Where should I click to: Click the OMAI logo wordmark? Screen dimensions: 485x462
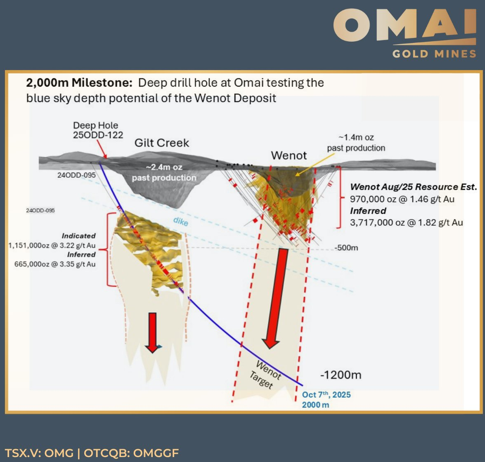click(405, 25)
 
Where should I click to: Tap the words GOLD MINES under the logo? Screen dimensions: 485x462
click(434, 54)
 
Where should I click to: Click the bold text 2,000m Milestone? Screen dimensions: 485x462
click(79, 83)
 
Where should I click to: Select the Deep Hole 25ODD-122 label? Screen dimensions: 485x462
click(98, 130)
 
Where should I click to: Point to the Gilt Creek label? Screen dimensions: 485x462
click(161, 143)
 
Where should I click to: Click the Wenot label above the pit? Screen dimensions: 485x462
click(289, 156)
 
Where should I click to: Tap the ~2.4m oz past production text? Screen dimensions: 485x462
click(164, 172)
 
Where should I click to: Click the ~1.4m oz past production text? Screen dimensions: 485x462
click(356, 142)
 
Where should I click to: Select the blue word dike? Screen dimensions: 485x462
click(181, 221)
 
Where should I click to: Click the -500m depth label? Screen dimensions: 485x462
click(346, 248)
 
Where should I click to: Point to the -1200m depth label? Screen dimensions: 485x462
click(341, 375)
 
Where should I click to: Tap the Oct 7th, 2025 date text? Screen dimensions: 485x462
click(326, 395)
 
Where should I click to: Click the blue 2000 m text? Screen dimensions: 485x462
click(315, 405)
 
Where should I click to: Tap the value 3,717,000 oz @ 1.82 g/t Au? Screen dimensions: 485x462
click(407, 222)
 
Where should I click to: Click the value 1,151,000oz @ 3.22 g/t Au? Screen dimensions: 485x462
click(52, 246)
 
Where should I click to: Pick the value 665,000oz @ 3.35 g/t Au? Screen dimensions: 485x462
click(55, 264)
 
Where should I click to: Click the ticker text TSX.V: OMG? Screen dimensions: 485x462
click(39, 453)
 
